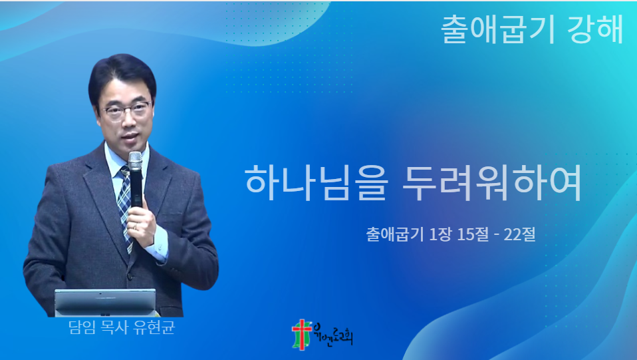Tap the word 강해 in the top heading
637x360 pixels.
click(x=597, y=30)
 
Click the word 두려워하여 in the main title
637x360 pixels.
click(x=492, y=182)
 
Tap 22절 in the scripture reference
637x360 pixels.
click(x=519, y=234)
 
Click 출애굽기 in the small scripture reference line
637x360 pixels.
click(x=395, y=234)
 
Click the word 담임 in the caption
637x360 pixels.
click(x=82, y=327)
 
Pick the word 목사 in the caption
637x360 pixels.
click(x=114, y=327)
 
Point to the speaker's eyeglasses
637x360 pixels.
click(x=126, y=110)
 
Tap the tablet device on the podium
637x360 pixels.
click(x=105, y=302)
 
